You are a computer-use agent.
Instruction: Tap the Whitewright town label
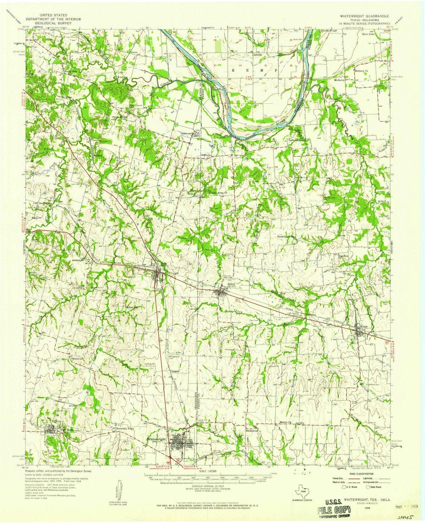pyautogui.click(x=157, y=439)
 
